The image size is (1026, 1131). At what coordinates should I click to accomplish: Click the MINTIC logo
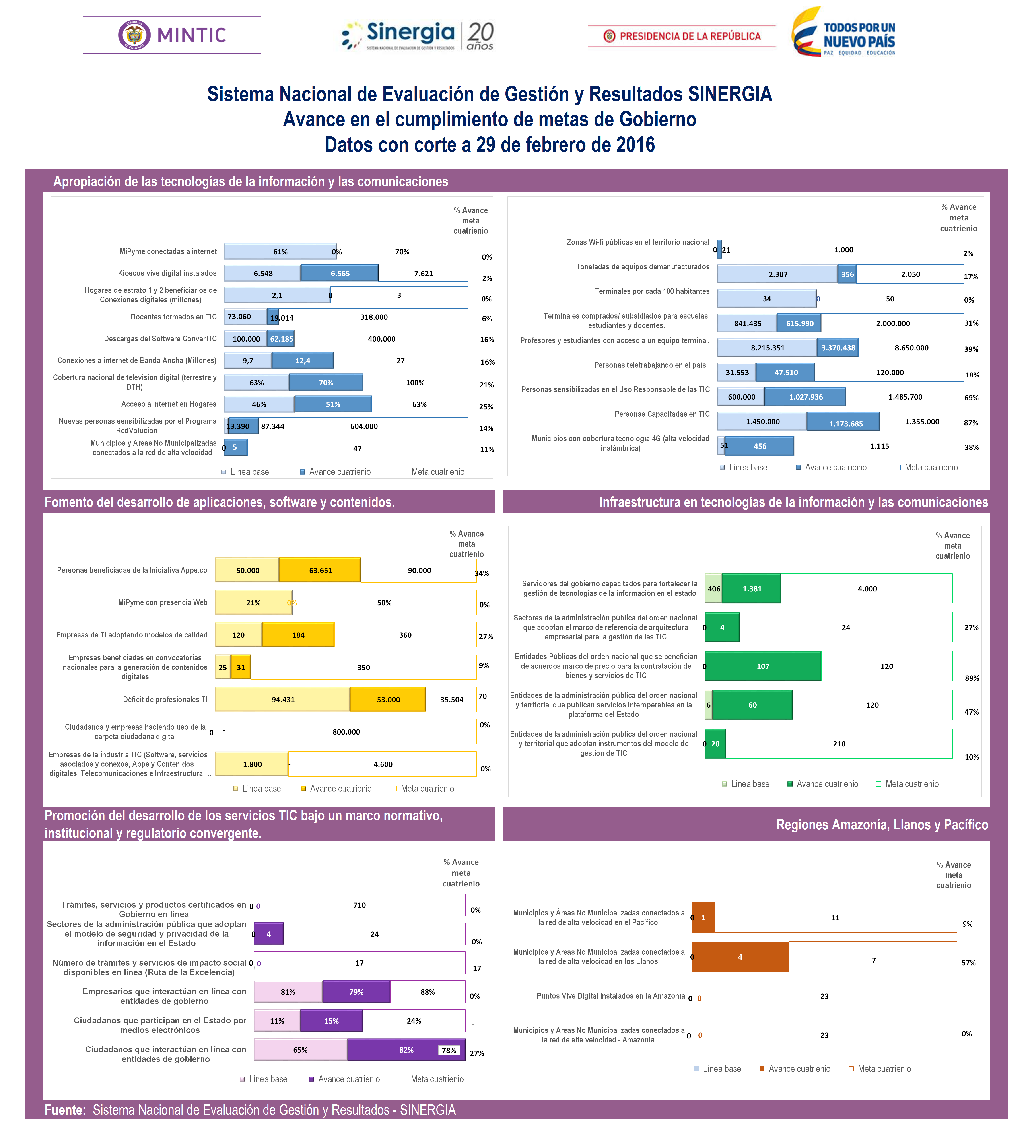(172, 35)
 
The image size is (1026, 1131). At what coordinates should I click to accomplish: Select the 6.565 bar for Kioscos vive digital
(339, 273)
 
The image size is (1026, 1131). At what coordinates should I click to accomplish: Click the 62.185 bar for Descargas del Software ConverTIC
(281, 339)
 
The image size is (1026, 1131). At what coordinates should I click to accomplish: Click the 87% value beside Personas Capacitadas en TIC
(971, 422)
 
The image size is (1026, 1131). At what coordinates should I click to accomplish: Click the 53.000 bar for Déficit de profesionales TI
(388, 699)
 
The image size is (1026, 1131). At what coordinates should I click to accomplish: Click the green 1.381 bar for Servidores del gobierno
(752, 589)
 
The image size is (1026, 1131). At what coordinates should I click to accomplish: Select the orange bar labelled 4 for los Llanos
(740, 956)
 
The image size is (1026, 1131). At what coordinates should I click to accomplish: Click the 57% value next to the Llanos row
(968, 963)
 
